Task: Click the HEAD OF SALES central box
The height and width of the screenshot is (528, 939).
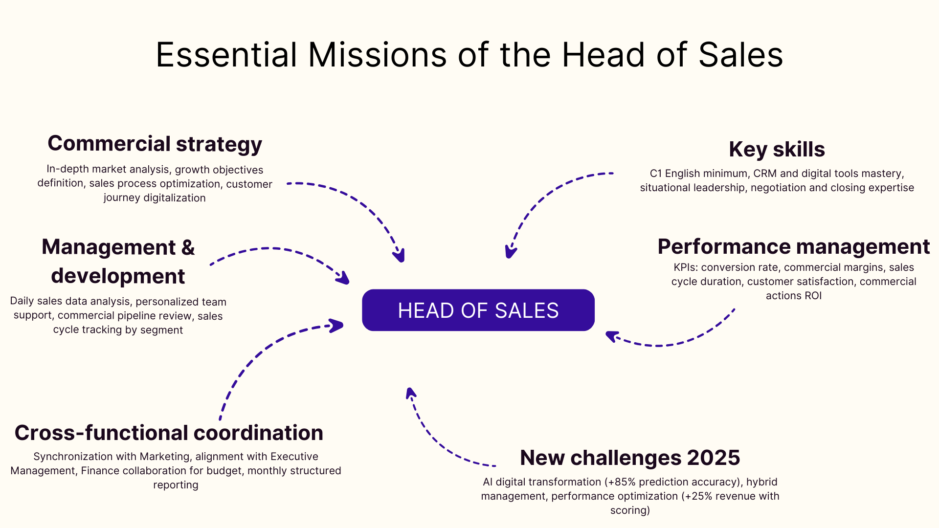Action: [x=478, y=310]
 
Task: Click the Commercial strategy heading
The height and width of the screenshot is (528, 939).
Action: [x=155, y=144]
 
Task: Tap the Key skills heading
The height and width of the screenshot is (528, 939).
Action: [x=777, y=150]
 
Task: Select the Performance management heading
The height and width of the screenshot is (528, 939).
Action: [x=793, y=246]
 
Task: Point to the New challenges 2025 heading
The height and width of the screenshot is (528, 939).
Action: [x=630, y=458]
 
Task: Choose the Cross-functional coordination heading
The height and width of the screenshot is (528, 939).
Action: [x=169, y=433]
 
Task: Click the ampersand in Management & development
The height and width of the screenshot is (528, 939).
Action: [x=188, y=247]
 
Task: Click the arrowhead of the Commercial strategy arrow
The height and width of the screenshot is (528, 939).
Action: [x=400, y=256]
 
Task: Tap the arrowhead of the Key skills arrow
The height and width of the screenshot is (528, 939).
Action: [x=510, y=252]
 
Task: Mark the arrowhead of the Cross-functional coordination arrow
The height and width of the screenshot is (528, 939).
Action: [x=337, y=326]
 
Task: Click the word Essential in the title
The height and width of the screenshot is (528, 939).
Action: [x=226, y=55]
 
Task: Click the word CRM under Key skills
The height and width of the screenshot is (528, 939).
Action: [x=765, y=174]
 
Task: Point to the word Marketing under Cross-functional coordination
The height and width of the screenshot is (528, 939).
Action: [x=165, y=457]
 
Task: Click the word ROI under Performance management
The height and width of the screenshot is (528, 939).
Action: [x=813, y=296]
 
